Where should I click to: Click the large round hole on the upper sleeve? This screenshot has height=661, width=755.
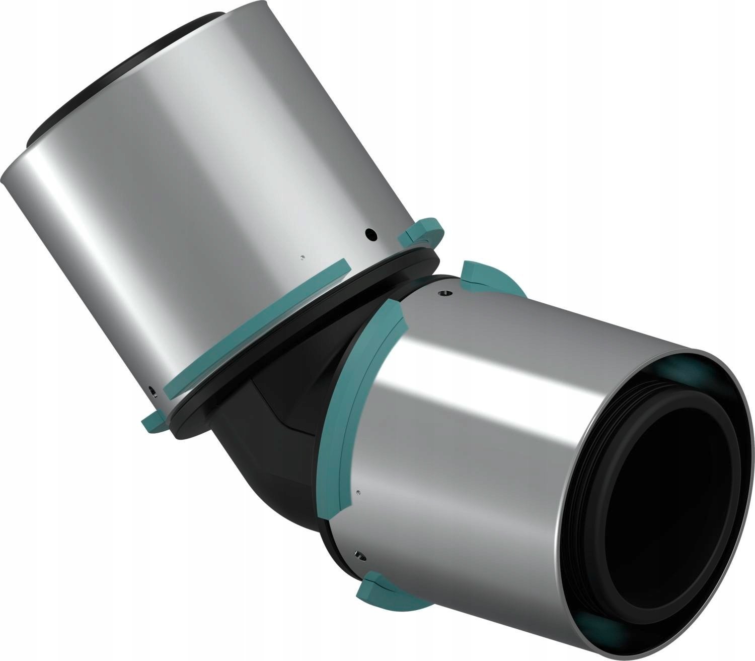pos(370,234)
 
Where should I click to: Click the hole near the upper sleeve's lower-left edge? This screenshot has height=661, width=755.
pos(153,390)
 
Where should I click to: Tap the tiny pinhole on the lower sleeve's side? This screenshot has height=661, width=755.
pos(357,491)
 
